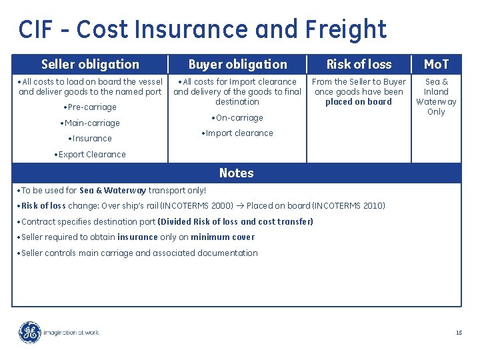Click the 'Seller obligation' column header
90,65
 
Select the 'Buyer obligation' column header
237,65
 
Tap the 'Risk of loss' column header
359,65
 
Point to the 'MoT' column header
436,65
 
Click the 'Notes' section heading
236,173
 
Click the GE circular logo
29,332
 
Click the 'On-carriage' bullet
237,118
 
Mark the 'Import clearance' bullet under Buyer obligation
237,133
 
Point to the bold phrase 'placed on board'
359,102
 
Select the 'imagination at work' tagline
71,332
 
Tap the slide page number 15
459,332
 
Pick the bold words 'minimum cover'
223,237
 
